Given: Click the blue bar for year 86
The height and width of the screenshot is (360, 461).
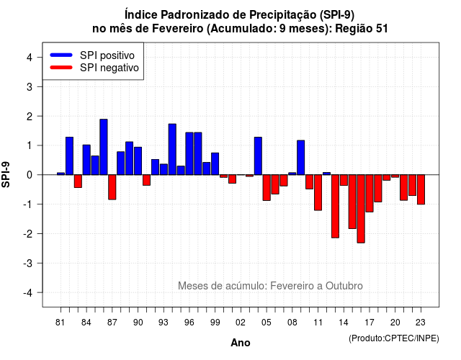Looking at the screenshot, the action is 104,147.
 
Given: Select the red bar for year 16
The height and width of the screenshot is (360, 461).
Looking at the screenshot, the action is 361,209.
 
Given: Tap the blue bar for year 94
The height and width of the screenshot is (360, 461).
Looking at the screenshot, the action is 172,149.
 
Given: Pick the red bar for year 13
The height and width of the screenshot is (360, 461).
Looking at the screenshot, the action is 335,207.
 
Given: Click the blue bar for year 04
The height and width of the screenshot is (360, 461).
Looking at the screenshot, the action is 258,156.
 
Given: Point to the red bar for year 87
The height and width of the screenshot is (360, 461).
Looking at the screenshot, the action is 112,187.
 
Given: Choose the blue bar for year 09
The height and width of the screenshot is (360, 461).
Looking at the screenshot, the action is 301,158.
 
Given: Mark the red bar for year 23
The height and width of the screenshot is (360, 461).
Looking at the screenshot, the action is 421,189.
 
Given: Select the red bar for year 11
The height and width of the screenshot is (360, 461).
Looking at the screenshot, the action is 318,192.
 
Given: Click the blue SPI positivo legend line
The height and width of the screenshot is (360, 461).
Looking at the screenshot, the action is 61,55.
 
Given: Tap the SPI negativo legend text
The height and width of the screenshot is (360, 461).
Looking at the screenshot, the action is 109,68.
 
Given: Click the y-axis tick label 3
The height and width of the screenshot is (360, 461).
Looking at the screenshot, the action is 30,87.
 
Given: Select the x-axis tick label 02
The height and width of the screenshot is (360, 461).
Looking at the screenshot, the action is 240,323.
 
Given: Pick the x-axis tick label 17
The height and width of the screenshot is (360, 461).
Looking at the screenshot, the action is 370,323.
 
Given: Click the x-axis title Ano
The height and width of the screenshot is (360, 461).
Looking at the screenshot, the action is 241,343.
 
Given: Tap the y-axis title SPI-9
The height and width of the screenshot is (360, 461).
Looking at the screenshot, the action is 6,174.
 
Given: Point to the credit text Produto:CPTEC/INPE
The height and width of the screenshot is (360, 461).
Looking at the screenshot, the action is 394,338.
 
